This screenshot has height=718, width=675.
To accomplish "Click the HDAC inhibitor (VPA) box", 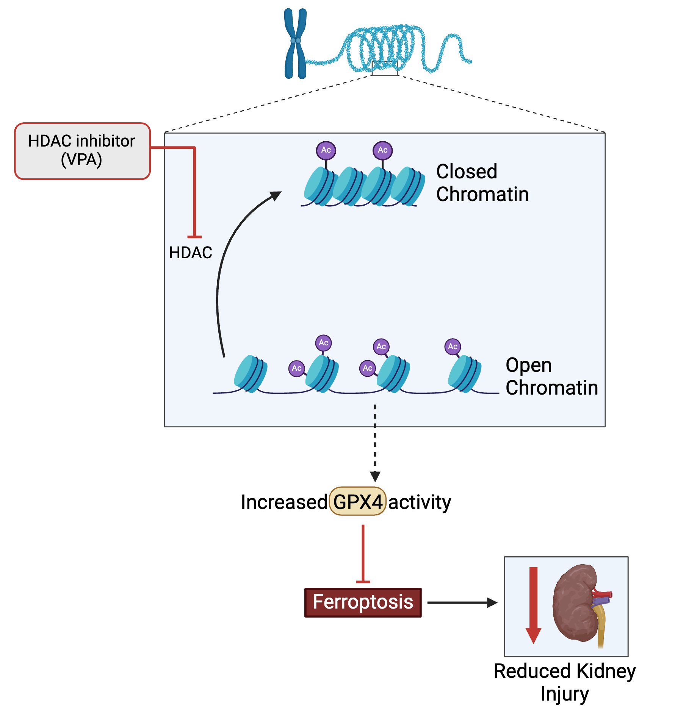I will click(x=82, y=151).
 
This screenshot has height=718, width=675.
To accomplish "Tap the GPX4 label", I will click(x=357, y=501).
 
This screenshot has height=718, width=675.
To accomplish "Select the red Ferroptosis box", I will click(x=363, y=602).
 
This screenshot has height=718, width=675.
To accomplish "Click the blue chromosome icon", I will click(x=295, y=44).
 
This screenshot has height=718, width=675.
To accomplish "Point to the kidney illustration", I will click(x=574, y=602).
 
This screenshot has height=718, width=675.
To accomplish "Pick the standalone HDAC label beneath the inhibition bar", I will click(x=190, y=253).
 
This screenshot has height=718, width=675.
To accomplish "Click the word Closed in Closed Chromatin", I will click(x=467, y=172).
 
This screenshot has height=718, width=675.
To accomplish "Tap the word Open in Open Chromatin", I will click(x=528, y=365).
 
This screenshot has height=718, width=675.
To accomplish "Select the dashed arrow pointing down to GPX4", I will click(x=375, y=443).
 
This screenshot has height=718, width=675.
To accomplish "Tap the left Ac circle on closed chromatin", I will click(x=326, y=150).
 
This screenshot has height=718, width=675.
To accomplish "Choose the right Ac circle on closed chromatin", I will click(x=382, y=150).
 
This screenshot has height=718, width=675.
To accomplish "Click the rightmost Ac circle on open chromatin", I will click(x=453, y=347).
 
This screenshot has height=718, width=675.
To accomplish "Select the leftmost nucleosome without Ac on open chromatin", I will click(x=251, y=374).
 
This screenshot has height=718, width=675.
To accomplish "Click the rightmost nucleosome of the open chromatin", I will click(x=465, y=374).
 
